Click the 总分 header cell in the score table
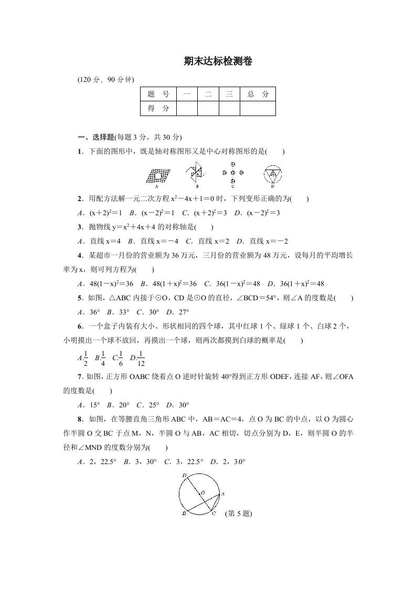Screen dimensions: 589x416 [258, 94]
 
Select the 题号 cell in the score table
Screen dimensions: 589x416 [158, 94]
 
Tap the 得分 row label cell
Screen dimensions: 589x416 [158, 108]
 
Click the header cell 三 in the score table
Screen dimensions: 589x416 [229, 94]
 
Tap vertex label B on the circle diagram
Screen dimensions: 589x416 [184, 514]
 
